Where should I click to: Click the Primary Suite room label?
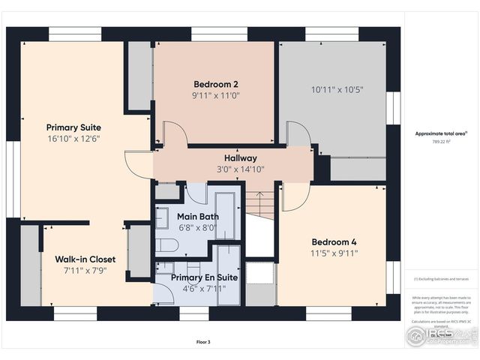pos(73,127)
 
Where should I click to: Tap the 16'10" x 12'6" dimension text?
pos(73,139)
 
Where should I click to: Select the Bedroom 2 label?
pos(216,84)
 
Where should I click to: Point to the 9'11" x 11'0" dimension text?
pos(216,95)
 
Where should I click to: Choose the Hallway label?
pos(240,158)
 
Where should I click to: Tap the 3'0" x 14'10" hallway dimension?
pos(240,169)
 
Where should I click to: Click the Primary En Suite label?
pos(204,277)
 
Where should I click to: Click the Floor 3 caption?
pos(203,342)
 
